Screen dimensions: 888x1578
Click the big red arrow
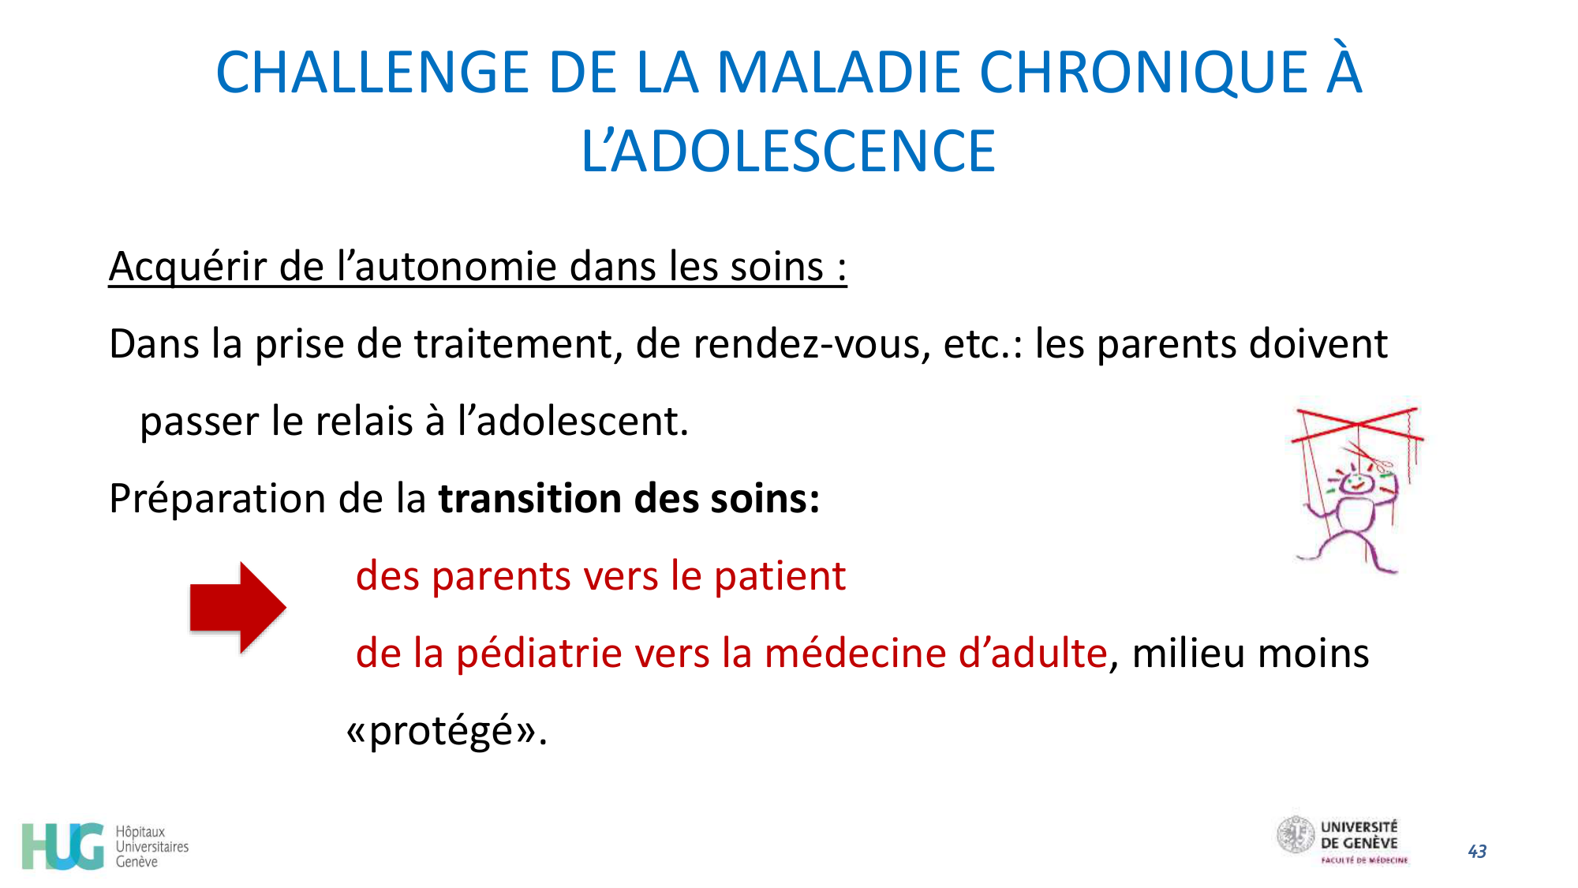(237, 607)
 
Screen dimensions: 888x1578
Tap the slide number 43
(1477, 851)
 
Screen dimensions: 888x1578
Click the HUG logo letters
(63, 846)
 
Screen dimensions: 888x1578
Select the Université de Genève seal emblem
(1295, 835)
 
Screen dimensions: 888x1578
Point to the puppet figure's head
(1356, 482)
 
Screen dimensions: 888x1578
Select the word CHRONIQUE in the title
(1143, 73)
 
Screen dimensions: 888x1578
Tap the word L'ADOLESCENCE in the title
(788, 152)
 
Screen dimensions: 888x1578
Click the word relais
(364, 422)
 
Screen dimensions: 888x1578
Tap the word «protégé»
(447, 731)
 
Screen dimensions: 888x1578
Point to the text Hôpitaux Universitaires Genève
(151, 846)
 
